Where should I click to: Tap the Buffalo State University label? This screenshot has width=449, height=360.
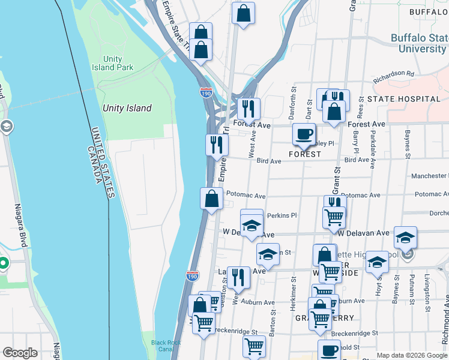(418, 43)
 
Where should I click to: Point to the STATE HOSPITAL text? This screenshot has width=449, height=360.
(403, 98)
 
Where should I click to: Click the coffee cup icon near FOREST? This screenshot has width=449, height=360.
(304, 134)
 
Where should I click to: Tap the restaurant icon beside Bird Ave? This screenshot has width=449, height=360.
(216, 145)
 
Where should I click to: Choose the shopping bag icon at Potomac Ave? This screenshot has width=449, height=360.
(211, 199)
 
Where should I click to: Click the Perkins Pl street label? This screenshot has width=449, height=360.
(282, 215)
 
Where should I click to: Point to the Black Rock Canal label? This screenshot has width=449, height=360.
(166, 346)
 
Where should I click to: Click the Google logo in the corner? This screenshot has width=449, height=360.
(20, 353)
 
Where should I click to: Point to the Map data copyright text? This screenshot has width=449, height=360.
(412, 355)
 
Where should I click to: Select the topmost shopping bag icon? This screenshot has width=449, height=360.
(243, 13)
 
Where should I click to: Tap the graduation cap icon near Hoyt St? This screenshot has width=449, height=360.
(377, 262)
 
